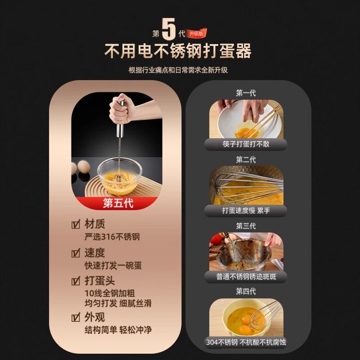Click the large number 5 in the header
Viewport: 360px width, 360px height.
coord(169,30)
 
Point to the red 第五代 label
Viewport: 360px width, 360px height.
coord(118,203)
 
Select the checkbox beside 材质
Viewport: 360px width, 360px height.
coord(76,224)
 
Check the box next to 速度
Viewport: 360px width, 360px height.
coord(76,253)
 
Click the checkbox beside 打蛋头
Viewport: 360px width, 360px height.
coord(76,282)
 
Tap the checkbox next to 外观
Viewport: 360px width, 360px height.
coord(76,317)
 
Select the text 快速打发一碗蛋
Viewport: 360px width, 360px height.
coord(113,266)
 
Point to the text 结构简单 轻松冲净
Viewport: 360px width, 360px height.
coord(118,330)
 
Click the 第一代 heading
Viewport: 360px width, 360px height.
coord(246,93)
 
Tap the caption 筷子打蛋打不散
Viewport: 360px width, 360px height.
coord(245,144)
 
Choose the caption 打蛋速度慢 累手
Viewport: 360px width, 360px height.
coord(246,211)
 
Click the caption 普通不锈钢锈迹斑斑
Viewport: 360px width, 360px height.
coord(246,276)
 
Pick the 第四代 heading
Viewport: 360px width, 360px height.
coord(246,291)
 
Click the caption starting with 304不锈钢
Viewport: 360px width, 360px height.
coord(246,342)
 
